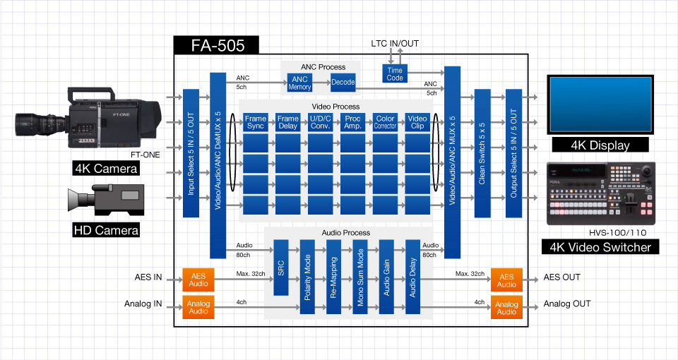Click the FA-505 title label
tap(218, 46)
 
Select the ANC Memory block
tap(299, 83)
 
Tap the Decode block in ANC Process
tap(343, 83)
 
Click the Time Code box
tap(395, 73)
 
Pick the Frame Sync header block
tap(256, 122)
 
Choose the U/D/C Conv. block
tap(320, 122)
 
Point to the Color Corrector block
tap(385, 122)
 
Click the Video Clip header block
tap(417, 122)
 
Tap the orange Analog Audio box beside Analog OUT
tap(506, 308)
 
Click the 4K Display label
tap(600, 145)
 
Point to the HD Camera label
tap(106, 229)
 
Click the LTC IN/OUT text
tap(395, 44)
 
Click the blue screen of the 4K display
tap(600, 102)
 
